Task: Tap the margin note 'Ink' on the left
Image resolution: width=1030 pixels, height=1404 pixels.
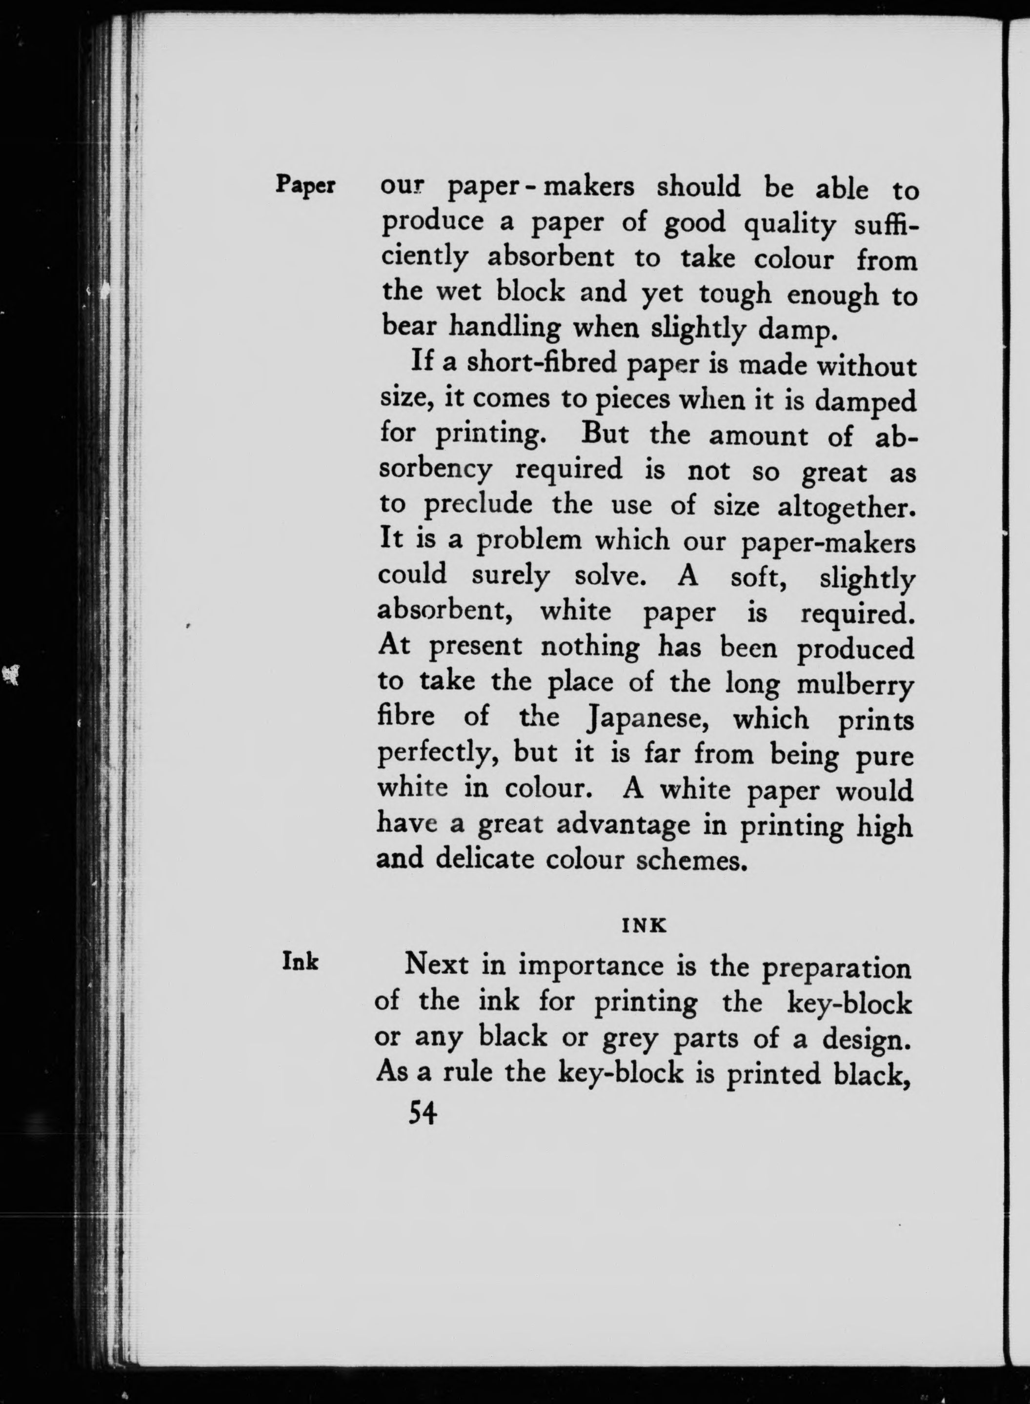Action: click(301, 962)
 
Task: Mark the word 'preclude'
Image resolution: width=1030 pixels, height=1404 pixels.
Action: click(478, 505)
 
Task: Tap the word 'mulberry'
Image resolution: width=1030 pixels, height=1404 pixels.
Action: click(855, 685)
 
